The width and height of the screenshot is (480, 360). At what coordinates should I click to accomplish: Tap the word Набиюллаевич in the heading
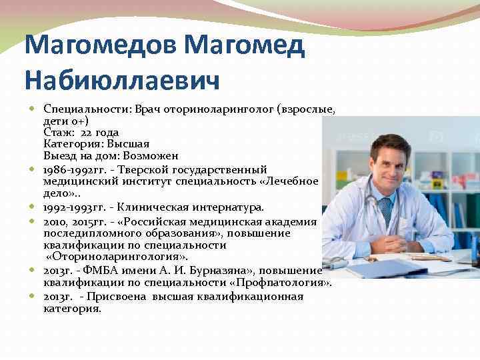tap(122, 79)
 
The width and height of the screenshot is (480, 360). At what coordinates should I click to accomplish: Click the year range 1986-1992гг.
tap(72, 169)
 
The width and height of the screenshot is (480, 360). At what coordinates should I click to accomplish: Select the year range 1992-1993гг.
tap(72, 207)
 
